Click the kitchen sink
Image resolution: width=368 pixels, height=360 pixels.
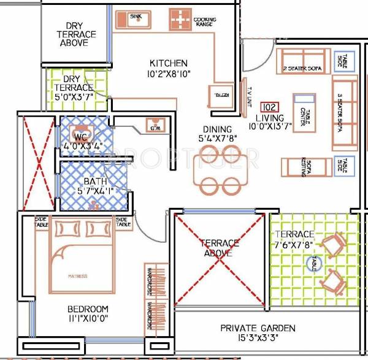(x=136, y=21)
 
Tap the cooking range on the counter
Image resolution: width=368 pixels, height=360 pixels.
(x=180, y=20)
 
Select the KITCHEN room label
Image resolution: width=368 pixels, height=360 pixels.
(x=169, y=63)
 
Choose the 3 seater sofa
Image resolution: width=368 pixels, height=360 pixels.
(x=344, y=113)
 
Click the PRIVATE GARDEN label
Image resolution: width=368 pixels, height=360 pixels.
(x=258, y=328)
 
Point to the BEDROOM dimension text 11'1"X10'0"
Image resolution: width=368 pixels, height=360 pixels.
(x=88, y=318)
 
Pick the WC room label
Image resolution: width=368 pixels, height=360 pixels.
(x=81, y=136)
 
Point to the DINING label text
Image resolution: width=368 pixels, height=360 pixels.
(x=218, y=129)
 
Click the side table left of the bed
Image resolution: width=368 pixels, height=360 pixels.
(x=41, y=221)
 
